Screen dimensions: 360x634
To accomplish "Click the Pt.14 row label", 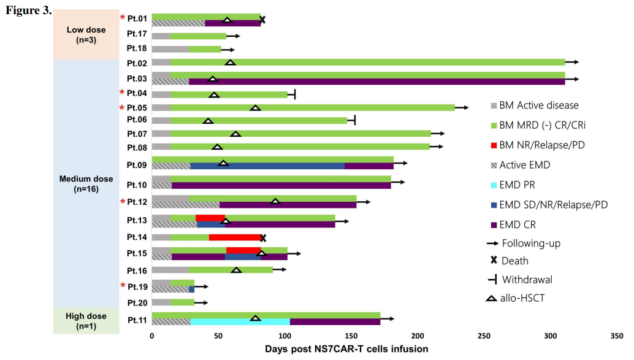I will (x=137, y=237).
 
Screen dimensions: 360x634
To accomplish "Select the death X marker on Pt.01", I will (x=262, y=20).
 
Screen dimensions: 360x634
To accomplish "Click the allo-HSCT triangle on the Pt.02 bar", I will (x=230, y=63).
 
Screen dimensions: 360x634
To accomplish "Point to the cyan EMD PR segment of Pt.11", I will (x=240, y=321).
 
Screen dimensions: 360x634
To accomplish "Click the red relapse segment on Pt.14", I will (x=236, y=237).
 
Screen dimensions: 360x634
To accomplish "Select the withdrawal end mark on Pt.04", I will (x=295, y=94).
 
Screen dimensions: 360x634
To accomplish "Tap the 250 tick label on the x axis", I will (x=484, y=336).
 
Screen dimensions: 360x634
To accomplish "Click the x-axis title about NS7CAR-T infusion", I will (x=346, y=349).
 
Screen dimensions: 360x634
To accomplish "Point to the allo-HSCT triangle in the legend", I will (x=492, y=299).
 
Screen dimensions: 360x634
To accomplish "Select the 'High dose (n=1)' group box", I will (x=86, y=320).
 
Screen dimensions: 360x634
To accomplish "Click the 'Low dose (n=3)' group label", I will (x=86, y=34).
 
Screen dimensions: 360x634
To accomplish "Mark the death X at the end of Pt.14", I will (x=263, y=237).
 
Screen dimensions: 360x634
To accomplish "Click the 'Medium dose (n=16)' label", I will (x=86, y=183).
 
